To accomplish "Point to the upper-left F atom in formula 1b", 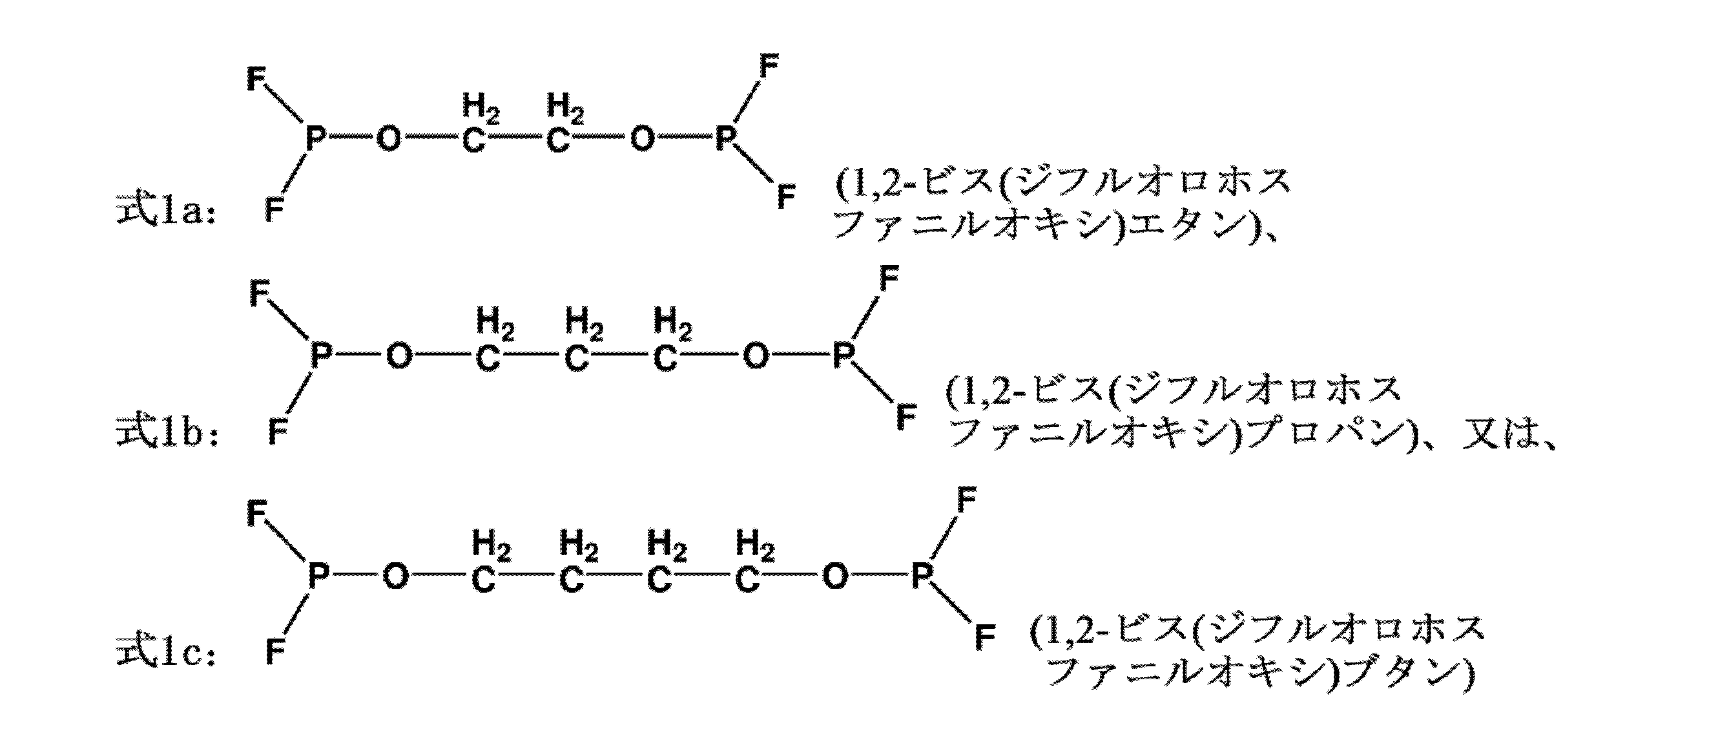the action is [x=259, y=293].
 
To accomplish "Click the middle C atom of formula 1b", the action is [x=576, y=358].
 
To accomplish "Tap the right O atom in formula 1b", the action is [x=756, y=357].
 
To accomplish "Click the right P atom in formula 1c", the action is [x=920, y=576].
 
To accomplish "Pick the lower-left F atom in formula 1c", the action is [x=274, y=651].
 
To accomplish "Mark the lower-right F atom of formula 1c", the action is [x=984, y=637].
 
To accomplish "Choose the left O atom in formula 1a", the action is [x=389, y=140].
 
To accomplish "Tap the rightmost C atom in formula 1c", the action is [x=747, y=579].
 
